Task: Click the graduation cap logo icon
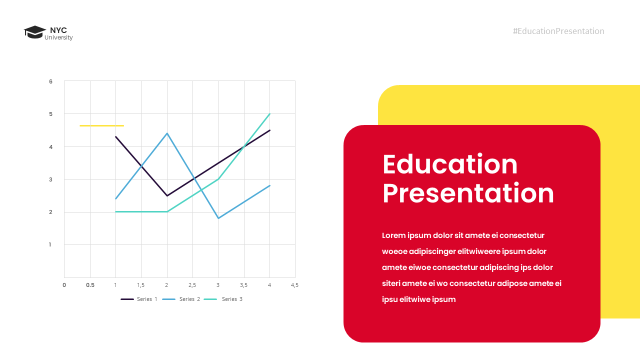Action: point(34,32)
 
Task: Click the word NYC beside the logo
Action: point(58,30)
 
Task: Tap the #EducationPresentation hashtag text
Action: point(558,31)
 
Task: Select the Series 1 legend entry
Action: point(139,299)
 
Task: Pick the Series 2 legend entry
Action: point(181,299)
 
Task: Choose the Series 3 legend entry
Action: point(224,299)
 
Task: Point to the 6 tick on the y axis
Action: point(50,81)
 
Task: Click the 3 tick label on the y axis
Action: point(50,179)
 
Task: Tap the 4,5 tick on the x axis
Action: point(294,285)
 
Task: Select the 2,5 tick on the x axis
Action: point(192,285)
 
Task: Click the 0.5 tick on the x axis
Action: point(90,285)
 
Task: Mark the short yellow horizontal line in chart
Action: point(101,125)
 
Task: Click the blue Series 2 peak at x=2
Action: point(167,133)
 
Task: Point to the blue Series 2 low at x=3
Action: point(218,218)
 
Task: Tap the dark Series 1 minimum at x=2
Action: point(167,195)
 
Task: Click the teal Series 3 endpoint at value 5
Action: point(269,114)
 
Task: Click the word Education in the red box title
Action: point(450,164)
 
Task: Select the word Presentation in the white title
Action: point(468,193)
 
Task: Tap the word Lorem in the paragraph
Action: point(393,235)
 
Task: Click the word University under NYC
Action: point(58,38)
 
